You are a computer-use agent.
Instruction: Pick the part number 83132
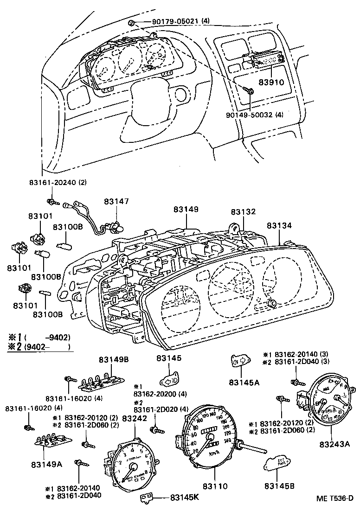coord(243,211)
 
